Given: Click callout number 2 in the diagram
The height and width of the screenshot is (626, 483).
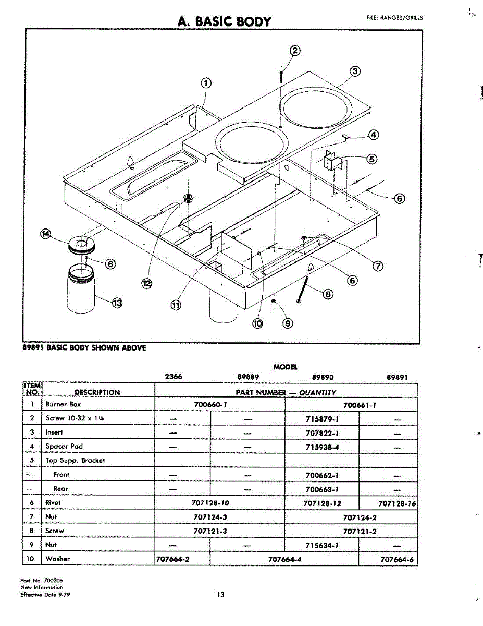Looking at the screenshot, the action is pyautogui.click(x=294, y=51).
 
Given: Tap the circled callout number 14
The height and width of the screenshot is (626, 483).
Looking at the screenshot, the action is pyautogui.click(x=46, y=234).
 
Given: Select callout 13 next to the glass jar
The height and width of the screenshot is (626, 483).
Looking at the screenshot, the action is pyautogui.click(x=117, y=303).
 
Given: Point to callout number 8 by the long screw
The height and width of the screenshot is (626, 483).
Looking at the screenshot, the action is pyautogui.click(x=328, y=294).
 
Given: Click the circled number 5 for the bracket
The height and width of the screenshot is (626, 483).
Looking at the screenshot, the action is pyautogui.click(x=371, y=159).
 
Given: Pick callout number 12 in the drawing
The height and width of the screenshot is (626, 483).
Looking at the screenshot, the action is pyautogui.click(x=147, y=283).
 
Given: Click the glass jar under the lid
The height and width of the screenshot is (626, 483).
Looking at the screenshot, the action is pyautogui.click(x=81, y=288).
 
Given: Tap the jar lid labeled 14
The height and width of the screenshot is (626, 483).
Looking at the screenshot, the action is pyautogui.click(x=82, y=245).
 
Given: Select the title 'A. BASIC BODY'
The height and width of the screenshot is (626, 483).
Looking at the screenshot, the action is pyautogui.click(x=225, y=21).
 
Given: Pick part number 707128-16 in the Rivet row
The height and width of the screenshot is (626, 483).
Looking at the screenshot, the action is pyautogui.click(x=397, y=503).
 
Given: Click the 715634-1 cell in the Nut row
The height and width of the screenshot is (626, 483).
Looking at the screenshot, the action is pyautogui.click(x=322, y=545).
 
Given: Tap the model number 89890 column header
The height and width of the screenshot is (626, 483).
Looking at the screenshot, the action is pyautogui.click(x=323, y=377).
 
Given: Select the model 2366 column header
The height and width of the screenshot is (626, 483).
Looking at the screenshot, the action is pyautogui.click(x=174, y=376).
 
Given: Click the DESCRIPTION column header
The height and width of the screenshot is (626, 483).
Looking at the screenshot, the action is pyautogui.click(x=97, y=392).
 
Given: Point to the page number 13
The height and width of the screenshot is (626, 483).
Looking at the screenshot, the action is pyautogui.click(x=220, y=595).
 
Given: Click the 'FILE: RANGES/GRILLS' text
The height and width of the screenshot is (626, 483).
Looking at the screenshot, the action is pyautogui.click(x=395, y=18).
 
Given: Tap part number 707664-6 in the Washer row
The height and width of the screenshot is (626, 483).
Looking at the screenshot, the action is pyautogui.click(x=397, y=559).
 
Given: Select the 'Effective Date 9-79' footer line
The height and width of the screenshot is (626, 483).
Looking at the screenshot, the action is pyautogui.click(x=45, y=595).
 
